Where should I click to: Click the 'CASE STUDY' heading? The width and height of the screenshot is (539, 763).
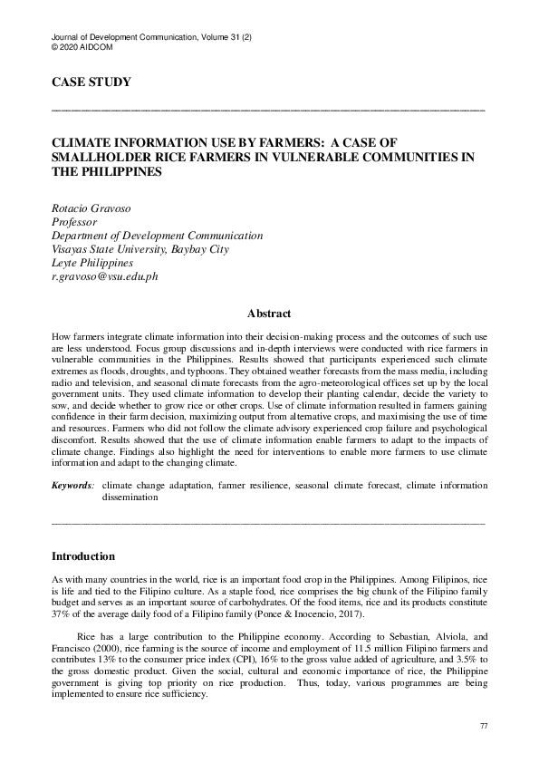[x=91, y=83]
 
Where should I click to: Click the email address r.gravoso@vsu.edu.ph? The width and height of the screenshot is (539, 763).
[x=104, y=276]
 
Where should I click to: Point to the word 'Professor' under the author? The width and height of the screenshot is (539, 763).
[x=74, y=223]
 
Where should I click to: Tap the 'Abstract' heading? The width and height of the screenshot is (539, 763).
[x=269, y=314]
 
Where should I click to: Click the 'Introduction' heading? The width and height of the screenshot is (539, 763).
[x=83, y=555]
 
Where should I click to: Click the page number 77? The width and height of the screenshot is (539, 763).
[x=483, y=728]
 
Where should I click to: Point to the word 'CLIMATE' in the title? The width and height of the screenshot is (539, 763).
[x=82, y=143]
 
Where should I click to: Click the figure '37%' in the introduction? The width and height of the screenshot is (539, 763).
[x=63, y=613]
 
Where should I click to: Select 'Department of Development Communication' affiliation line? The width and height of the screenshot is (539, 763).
[x=157, y=236]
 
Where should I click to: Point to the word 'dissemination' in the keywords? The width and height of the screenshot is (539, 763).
[x=130, y=497]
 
